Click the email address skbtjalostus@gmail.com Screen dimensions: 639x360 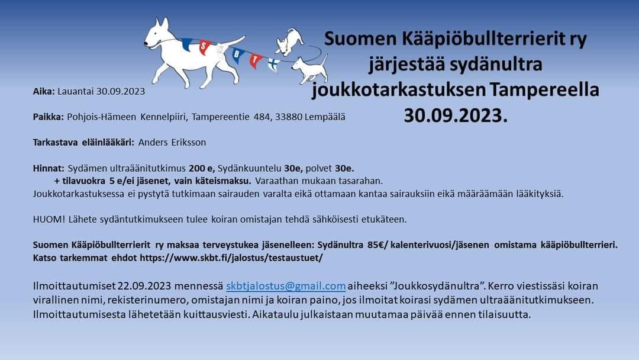(286, 286)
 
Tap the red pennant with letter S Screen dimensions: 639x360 (204, 47)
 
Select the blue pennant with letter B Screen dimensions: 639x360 (237, 56)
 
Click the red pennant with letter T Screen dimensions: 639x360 (255, 61)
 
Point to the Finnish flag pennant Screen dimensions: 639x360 (273, 65)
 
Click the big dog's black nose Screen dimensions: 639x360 (146, 43)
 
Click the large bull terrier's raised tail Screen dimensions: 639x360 (234, 42)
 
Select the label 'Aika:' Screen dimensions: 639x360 (44, 91)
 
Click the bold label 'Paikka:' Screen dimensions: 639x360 (48, 117)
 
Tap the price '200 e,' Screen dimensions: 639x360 (201, 168)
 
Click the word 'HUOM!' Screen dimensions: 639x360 (49, 219)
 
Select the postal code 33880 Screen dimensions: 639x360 (289, 117)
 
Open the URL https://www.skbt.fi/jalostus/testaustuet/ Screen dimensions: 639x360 (231, 258)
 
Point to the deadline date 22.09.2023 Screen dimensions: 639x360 (144, 286)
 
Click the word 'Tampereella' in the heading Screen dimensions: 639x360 (544, 90)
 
